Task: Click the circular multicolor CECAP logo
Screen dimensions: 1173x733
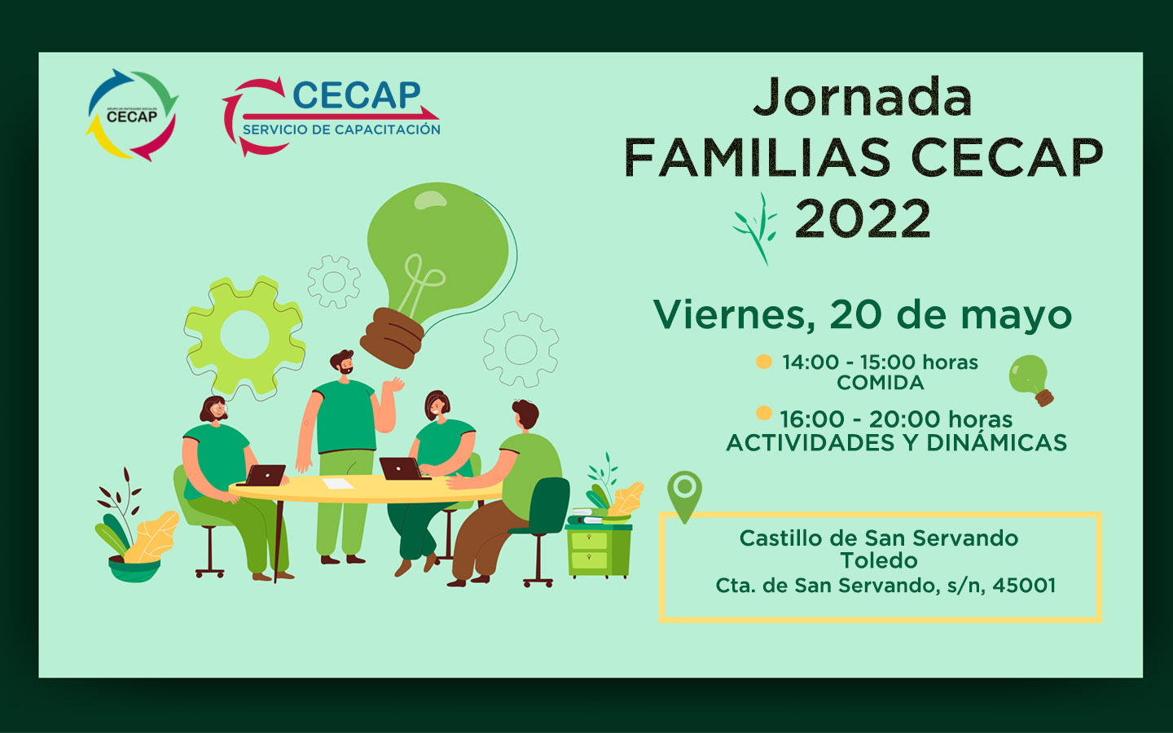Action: click(x=132, y=115)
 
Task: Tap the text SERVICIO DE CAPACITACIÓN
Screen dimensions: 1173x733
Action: click(x=341, y=129)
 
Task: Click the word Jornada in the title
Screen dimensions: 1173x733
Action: click(x=863, y=98)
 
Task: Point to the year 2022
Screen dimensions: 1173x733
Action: click(x=863, y=218)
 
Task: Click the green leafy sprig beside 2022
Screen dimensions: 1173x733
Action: click(x=756, y=229)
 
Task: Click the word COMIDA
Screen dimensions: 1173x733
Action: click(x=881, y=383)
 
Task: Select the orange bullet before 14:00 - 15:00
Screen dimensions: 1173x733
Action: click(x=764, y=362)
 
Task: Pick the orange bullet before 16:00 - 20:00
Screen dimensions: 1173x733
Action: click(x=764, y=413)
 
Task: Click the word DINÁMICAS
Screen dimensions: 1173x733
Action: click(x=996, y=442)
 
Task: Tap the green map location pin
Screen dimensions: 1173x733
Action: click(x=684, y=496)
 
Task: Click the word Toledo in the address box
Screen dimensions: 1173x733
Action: click(x=879, y=560)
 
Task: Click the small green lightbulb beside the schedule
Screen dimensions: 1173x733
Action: click(x=1031, y=380)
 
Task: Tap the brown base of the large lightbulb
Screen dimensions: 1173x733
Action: click(x=392, y=338)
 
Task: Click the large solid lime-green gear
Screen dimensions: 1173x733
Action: click(x=244, y=335)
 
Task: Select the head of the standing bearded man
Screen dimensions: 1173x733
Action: click(x=342, y=362)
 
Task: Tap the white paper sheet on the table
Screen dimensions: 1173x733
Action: click(x=338, y=483)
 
